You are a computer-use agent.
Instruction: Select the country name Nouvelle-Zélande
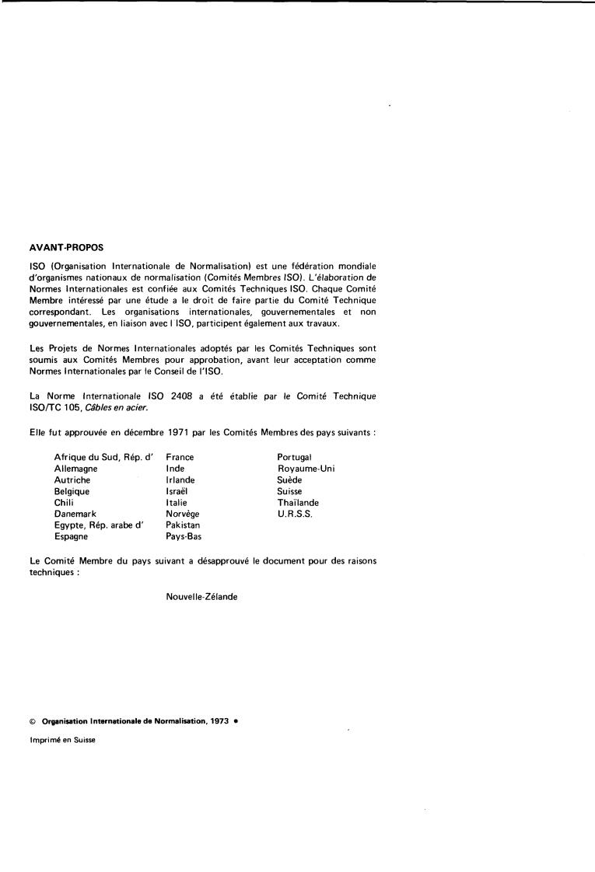202,597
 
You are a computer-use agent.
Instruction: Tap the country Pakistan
183,525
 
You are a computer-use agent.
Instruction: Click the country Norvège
184,514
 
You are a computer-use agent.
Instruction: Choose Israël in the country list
177,492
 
